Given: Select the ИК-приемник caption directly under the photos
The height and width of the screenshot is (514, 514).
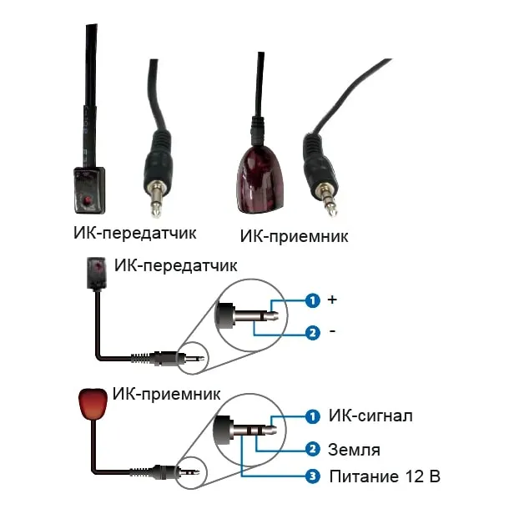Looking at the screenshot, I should (294, 236).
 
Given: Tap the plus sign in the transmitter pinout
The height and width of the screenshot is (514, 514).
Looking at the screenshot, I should (333, 299).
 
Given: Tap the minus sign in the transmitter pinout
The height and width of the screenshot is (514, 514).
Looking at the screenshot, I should (333, 332).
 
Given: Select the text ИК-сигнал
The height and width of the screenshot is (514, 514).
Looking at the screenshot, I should (370, 415).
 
